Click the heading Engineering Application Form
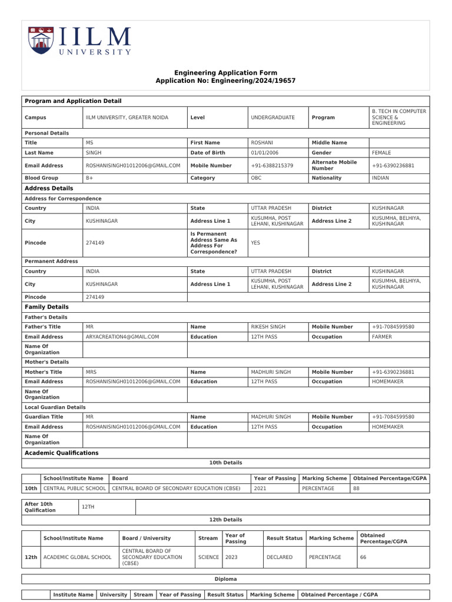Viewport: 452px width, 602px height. (225, 73)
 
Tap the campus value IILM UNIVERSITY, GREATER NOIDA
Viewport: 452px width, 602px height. (127, 118)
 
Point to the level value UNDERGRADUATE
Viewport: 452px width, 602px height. (272, 118)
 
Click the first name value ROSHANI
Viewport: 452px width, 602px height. (262, 143)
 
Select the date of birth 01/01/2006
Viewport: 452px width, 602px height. (264, 152)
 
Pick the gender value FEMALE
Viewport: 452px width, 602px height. (381, 152)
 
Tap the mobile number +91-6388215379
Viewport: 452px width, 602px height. (272, 166)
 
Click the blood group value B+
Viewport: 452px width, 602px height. (89, 178)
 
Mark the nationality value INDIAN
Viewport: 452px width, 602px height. (380, 178)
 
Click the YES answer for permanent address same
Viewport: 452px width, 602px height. (255, 242)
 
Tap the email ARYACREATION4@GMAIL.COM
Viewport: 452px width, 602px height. (122, 337)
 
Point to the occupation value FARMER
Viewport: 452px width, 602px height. (382, 337)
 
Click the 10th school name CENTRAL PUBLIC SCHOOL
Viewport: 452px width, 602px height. (74, 489)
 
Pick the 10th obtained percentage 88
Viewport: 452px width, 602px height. (356, 489)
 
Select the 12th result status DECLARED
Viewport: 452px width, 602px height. (279, 557)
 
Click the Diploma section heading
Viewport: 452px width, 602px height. (225, 579)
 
